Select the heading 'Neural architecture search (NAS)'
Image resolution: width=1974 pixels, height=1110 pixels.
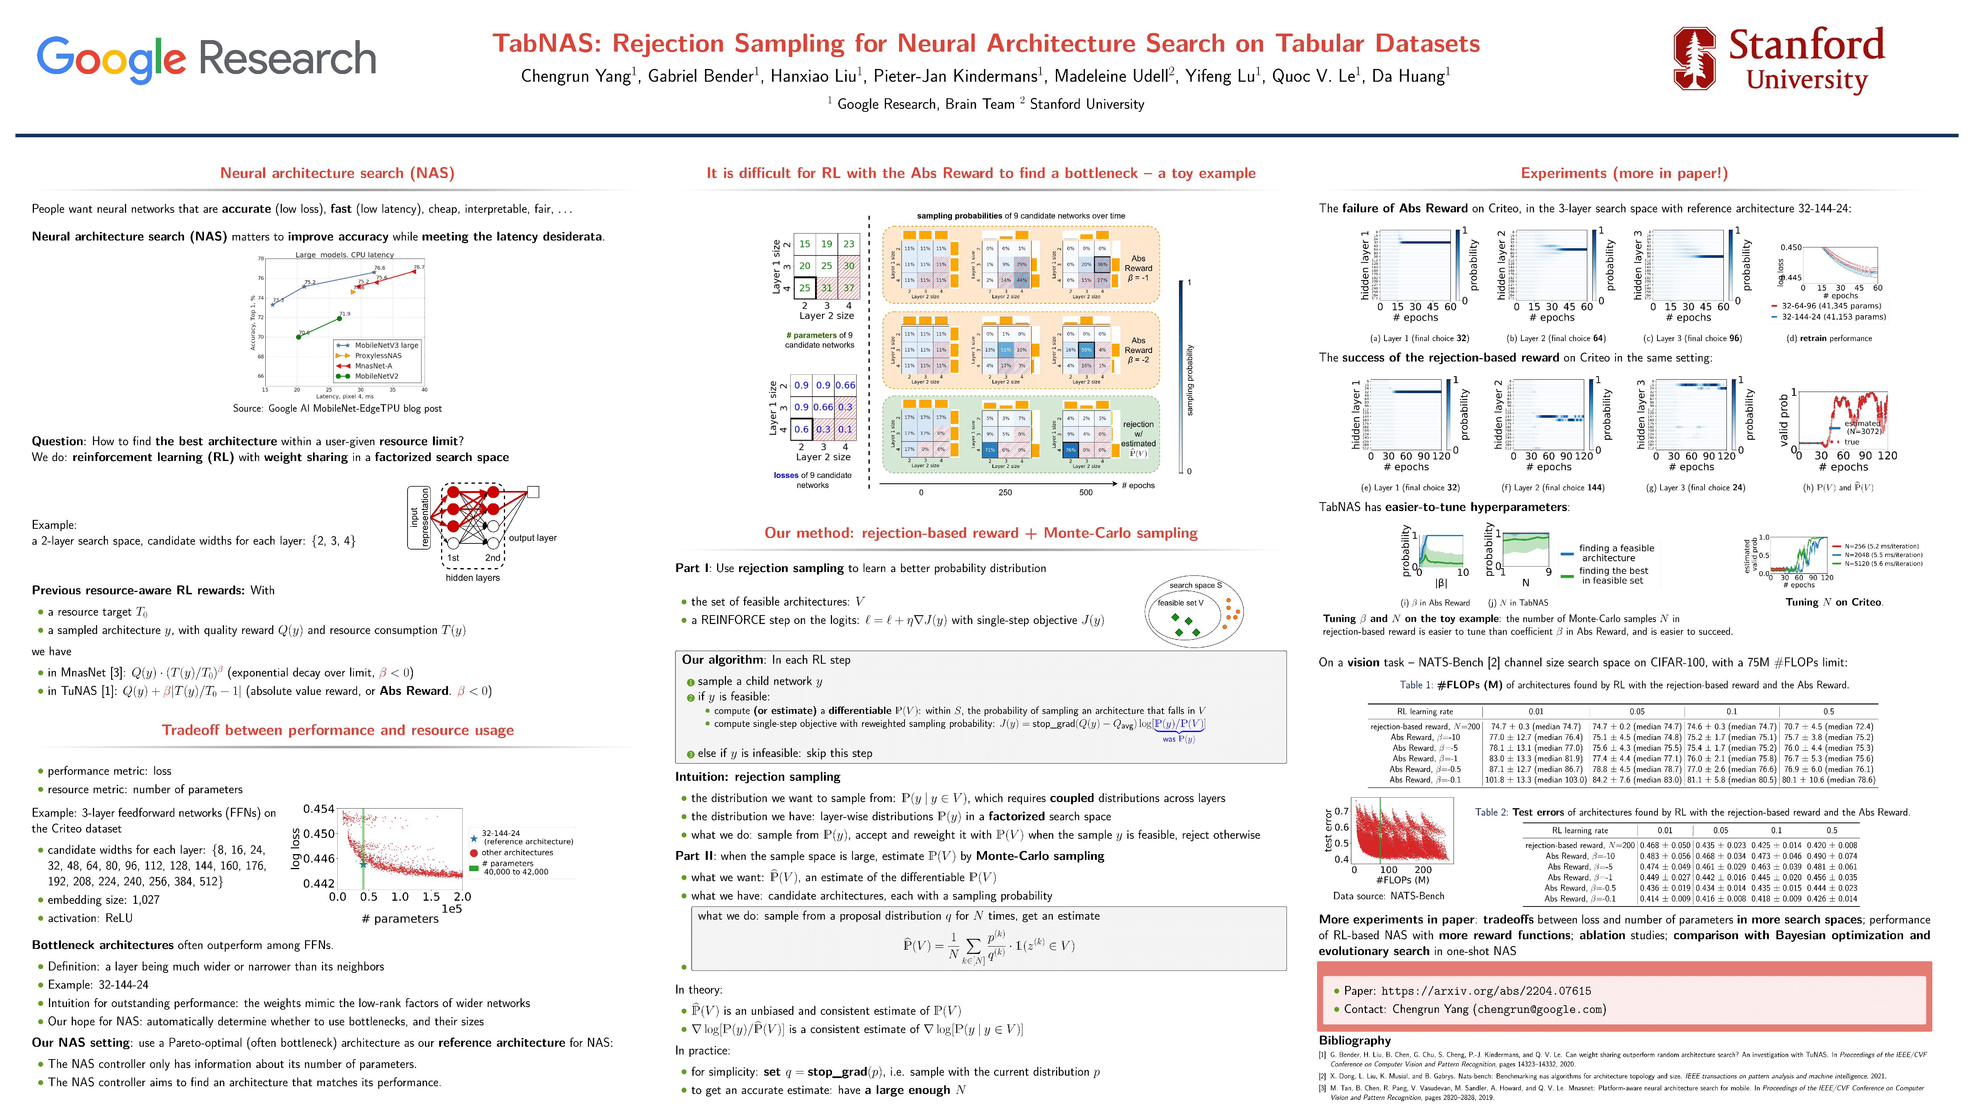point(337,173)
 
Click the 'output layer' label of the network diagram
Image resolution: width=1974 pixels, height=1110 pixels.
point(532,538)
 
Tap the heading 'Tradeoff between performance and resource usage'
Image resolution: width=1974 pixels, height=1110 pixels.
point(337,730)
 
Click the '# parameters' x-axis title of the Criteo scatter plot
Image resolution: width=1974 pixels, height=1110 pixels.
point(400,918)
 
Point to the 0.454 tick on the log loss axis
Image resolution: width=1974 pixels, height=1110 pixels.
point(319,809)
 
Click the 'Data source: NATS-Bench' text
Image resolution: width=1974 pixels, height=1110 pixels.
point(1388,895)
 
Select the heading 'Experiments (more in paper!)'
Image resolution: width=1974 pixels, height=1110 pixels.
point(1624,173)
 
